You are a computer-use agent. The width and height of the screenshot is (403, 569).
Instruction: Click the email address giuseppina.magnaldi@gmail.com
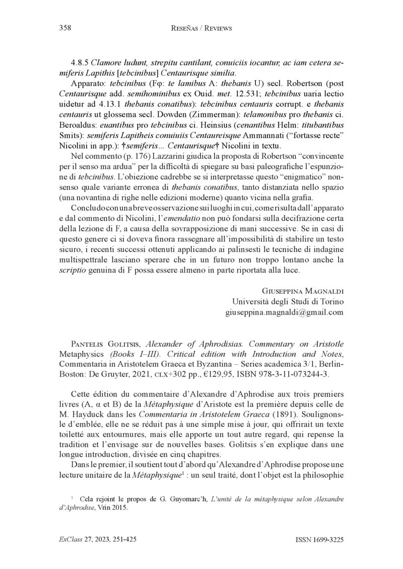coord(284,312)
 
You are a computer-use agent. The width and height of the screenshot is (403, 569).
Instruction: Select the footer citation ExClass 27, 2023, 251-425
coord(98,539)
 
